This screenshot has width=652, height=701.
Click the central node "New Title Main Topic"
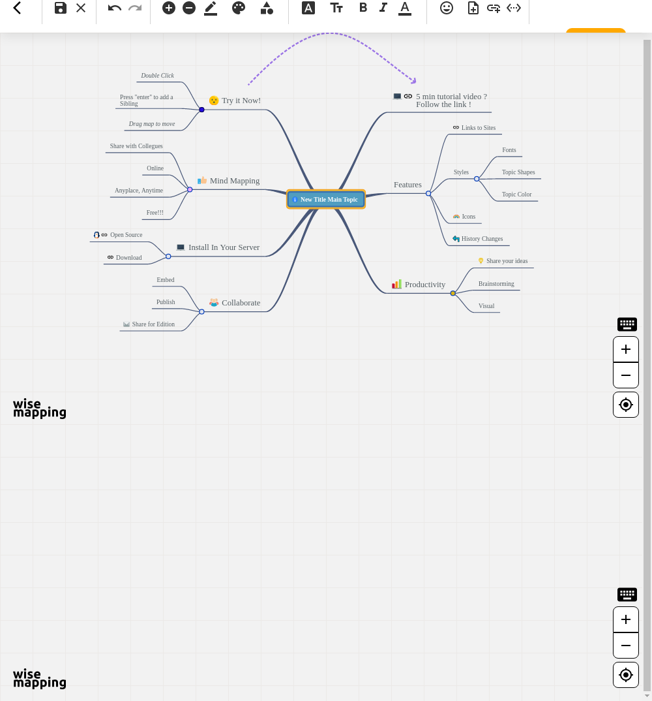pos(326,199)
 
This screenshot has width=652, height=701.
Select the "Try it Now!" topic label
pos(241,101)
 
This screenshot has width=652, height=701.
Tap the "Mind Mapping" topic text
pos(235,181)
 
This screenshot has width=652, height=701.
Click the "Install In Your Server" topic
pos(224,247)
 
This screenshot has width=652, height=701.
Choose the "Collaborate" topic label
pos(241,303)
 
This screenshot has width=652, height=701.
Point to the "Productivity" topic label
pos(424,285)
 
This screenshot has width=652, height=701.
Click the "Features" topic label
pos(407,185)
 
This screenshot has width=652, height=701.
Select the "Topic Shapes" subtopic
pos(518,172)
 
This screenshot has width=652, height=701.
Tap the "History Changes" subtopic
pos(482,239)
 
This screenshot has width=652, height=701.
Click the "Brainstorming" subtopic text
pos(496,284)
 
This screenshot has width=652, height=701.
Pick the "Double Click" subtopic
pos(157,76)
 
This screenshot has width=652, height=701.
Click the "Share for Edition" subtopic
pos(153,324)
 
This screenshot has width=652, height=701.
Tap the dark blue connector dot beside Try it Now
pos(201,110)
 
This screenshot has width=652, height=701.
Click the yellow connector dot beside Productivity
pos(453,293)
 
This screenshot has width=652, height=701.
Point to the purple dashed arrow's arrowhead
pos(414,81)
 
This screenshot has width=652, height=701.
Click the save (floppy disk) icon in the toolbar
pos(60,8)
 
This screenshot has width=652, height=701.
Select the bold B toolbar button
pos(363,8)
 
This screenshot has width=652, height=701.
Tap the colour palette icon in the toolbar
pos(239,8)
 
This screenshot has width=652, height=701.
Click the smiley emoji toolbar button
pos(446,8)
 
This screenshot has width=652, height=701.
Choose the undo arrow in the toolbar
pos(114,8)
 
